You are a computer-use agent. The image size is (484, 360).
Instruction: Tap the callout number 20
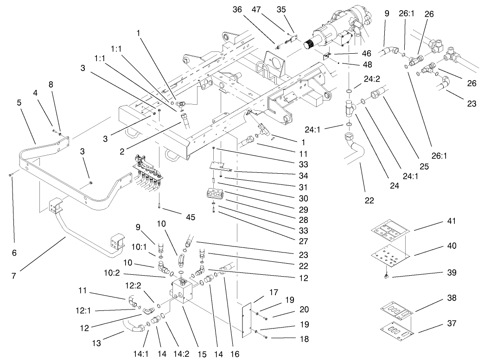coord(291,309)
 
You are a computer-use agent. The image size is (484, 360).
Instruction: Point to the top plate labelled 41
coord(390,231)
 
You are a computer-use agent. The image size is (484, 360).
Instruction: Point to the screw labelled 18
coord(265,338)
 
